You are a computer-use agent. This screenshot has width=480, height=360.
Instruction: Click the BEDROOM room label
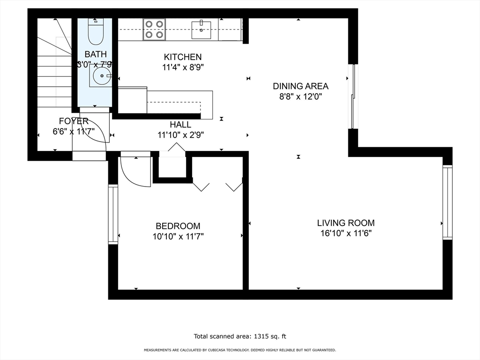click(x=178, y=226)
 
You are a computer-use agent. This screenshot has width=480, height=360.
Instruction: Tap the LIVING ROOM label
click(x=346, y=223)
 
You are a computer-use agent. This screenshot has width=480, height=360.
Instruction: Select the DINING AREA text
click(x=300, y=86)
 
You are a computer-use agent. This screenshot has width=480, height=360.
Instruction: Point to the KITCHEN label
click(x=183, y=57)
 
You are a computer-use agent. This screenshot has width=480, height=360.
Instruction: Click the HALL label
click(x=180, y=125)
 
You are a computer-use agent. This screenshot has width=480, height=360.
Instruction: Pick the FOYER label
click(x=74, y=121)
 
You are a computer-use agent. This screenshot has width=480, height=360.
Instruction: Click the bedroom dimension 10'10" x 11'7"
click(x=178, y=237)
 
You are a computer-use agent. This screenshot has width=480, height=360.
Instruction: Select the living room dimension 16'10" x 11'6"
click(x=346, y=233)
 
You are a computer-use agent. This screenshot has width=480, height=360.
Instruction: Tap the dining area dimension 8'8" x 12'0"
click(x=300, y=97)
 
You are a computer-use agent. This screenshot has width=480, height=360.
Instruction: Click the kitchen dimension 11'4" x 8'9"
click(x=183, y=67)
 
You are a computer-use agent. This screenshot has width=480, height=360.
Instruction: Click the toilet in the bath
click(x=96, y=31)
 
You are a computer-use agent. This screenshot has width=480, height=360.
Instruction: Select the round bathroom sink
click(x=101, y=75)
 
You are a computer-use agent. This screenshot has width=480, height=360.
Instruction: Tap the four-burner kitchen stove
click(x=154, y=30)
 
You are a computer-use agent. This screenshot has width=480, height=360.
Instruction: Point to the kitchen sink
click(x=201, y=30)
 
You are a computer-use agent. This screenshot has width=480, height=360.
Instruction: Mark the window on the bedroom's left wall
click(x=113, y=214)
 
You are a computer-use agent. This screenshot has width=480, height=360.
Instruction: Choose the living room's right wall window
click(x=448, y=202)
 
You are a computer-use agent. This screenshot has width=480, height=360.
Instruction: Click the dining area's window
click(x=353, y=97)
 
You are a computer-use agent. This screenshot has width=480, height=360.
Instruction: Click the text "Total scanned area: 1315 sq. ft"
click(x=240, y=337)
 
